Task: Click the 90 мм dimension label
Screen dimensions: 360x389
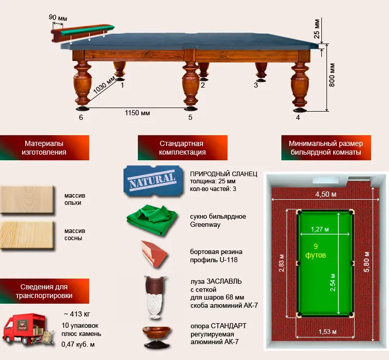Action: (x=58, y=18)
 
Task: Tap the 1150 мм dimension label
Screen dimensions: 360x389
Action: (x=137, y=113)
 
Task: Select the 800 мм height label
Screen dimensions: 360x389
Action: (x=332, y=76)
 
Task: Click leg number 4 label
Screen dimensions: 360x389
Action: (x=298, y=117)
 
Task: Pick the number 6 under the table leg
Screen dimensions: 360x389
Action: (x=80, y=117)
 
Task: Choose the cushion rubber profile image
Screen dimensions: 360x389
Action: (x=154, y=255)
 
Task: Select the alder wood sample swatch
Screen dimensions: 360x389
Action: (x=27, y=200)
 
